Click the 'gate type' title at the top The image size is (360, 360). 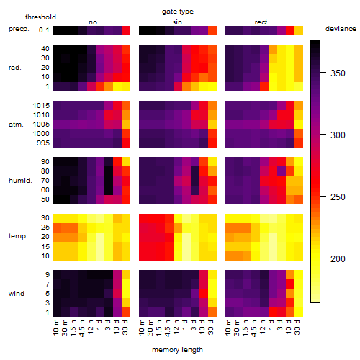click(x=178, y=12)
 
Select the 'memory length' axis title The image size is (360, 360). click(x=177, y=350)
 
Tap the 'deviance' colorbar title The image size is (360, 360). click(x=341, y=29)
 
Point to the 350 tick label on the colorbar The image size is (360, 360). click(x=338, y=73)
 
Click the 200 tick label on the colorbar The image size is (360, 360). click(x=338, y=258)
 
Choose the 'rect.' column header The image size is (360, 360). click(x=261, y=22)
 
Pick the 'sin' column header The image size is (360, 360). click(x=177, y=22)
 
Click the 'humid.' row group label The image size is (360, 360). click(x=20, y=181)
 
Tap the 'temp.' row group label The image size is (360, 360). click(x=18, y=236)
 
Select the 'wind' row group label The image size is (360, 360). click(x=17, y=294)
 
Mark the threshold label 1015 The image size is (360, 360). click(x=41, y=105)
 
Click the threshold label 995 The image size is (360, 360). click(x=43, y=143)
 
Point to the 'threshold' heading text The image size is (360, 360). click(x=40, y=17)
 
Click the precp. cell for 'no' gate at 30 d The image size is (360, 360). click(x=126, y=30)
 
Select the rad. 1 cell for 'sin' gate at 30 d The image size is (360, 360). click(x=212, y=86)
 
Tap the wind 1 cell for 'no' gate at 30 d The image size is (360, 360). click(x=126, y=312)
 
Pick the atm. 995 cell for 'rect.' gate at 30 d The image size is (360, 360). click(x=299, y=143)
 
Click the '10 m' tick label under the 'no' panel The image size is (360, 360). click(x=56, y=327)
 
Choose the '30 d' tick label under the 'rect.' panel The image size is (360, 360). click(x=297, y=327)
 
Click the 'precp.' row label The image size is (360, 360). click(x=19, y=29)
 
